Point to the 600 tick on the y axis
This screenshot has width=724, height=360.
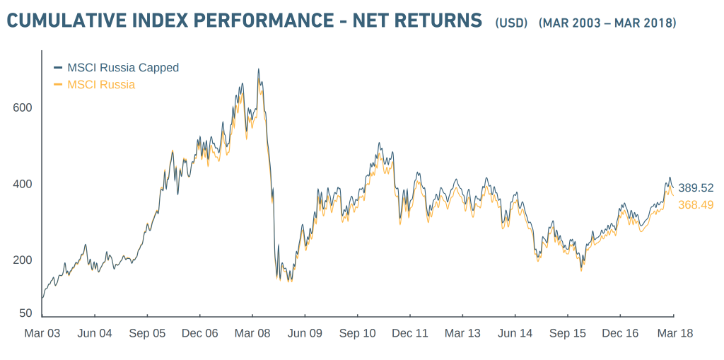[x=23, y=108]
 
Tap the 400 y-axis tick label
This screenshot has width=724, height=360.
[x=23, y=184]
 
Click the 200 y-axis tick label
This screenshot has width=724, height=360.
[x=23, y=260]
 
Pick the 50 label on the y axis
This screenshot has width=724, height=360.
[x=25, y=313]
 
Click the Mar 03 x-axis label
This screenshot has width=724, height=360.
[x=42, y=333]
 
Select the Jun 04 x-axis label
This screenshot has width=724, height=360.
[x=95, y=333]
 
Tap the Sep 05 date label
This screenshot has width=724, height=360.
[x=148, y=333]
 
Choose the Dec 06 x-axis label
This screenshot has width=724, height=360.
[x=200, y=333]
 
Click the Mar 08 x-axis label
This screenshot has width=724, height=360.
[x=252, y=333]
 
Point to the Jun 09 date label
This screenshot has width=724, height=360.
[x=305, y=333]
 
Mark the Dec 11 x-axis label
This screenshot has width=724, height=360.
[x=410, y=333]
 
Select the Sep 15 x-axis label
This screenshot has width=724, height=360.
[x=568, y=333]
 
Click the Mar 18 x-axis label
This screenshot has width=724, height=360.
[x=673, y=333]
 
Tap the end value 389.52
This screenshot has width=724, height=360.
[x=696, y=188]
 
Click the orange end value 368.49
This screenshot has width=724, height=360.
[x=696, y=205]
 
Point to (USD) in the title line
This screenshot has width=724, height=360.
[x=511, y=23]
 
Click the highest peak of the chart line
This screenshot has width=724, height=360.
[x=258, y=69]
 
